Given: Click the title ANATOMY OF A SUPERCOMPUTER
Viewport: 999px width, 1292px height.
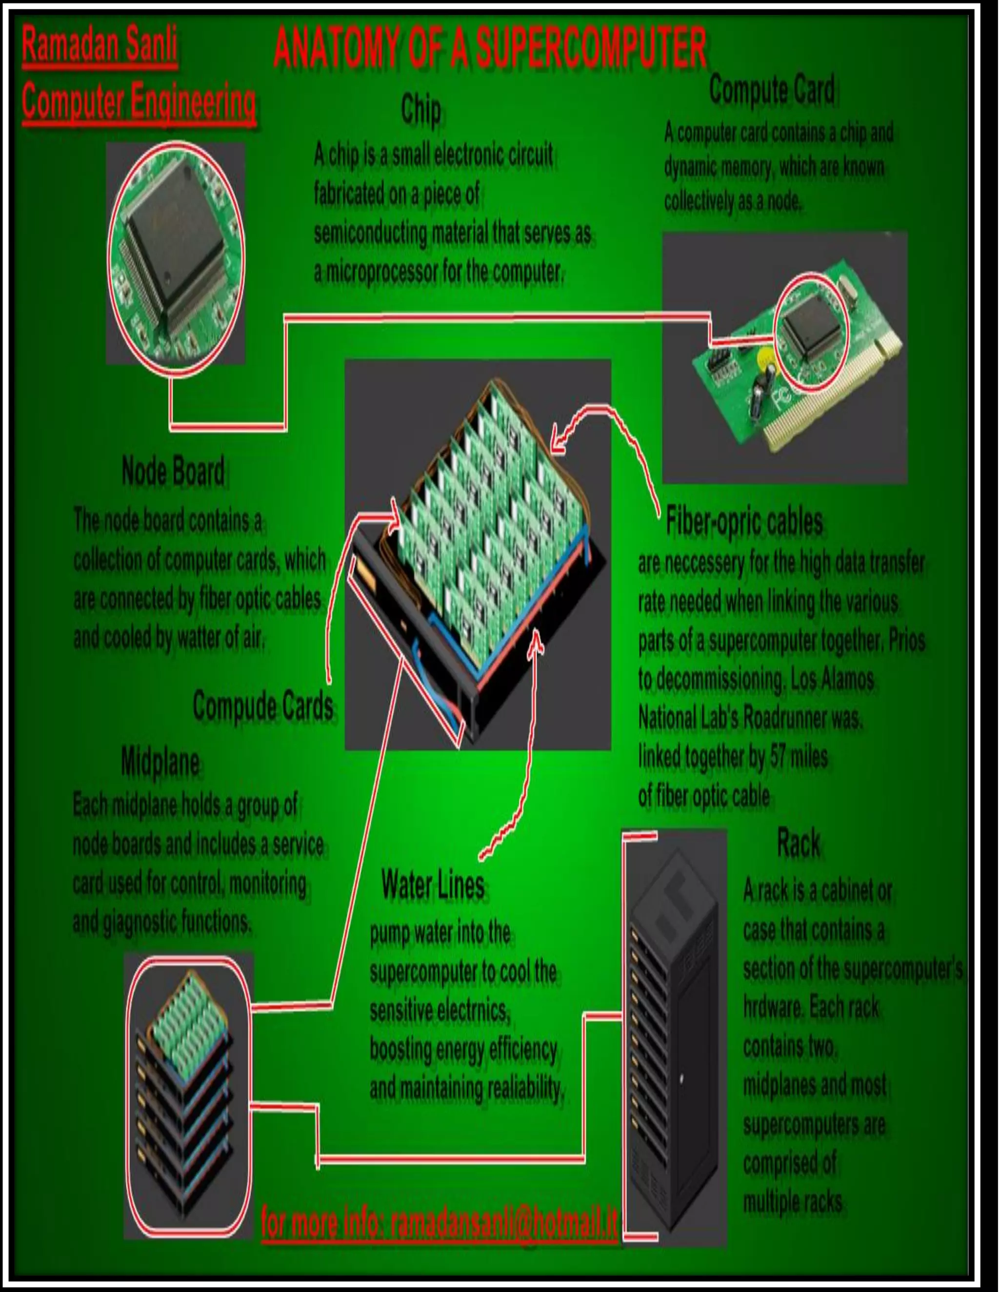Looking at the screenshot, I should (490, 47).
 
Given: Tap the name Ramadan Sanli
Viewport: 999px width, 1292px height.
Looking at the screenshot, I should (100, 45).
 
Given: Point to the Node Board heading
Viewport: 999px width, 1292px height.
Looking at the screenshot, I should (173, 471).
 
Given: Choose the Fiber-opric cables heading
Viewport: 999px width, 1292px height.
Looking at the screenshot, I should (744, 522).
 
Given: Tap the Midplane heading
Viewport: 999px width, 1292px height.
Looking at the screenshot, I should (160, 762).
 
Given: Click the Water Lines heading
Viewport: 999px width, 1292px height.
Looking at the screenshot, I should (433, 885).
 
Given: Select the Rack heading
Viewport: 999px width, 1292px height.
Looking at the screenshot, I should (799, 842).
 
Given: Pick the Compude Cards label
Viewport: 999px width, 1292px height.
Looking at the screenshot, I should (263, 706).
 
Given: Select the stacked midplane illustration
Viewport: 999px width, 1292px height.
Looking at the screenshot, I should (188, 1095).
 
